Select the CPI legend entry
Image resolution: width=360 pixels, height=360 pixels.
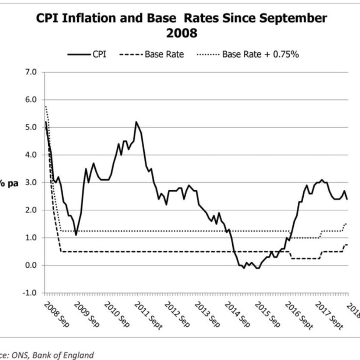coord(87,54)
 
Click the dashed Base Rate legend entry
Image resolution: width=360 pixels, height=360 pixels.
coord(151,54)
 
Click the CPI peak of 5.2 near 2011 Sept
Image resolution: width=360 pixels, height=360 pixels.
coord(136,122)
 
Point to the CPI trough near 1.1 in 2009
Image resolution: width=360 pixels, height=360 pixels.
coord(76,235)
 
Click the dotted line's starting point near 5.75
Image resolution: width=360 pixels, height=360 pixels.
coord(45,106)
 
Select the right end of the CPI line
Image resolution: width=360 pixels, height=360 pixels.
coord(347,199)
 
